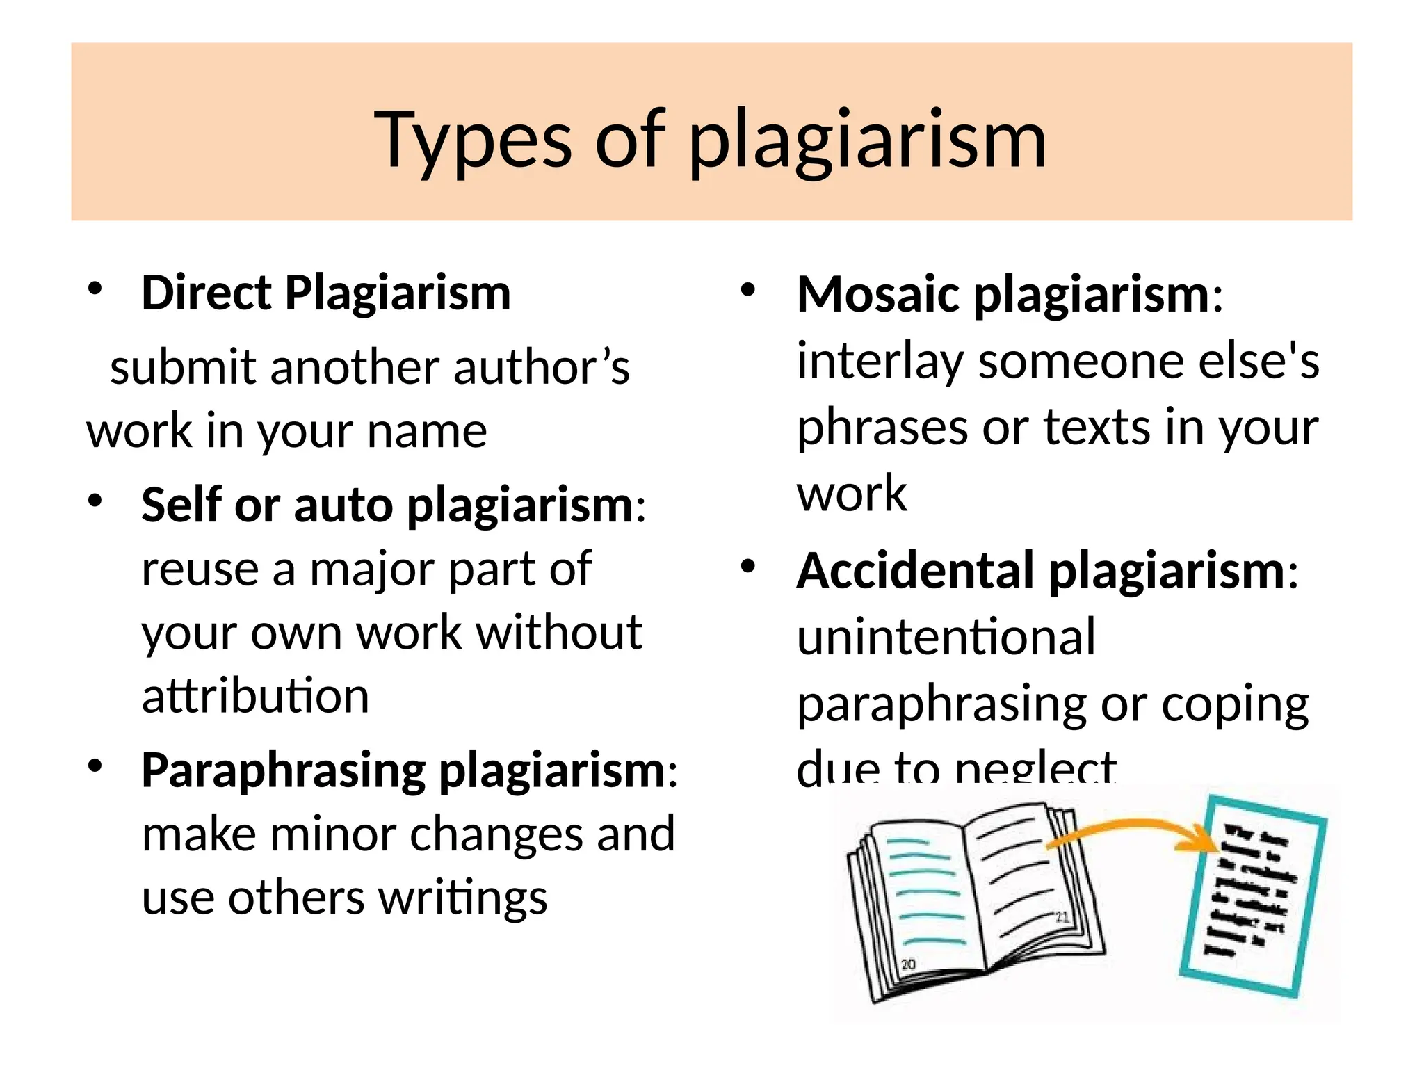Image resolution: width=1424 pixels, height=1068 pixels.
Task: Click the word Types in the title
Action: (x=473, y=141)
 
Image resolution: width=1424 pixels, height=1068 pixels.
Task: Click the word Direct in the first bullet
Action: (x=206, y=293)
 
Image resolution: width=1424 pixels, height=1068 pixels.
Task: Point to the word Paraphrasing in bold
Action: (x=283, y=771)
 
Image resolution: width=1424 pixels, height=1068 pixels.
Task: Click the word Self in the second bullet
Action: (x=181, y=505)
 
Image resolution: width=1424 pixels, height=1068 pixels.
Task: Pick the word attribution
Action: (x=255, y=696)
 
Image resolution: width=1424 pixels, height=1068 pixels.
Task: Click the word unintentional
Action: (x=946, y=637)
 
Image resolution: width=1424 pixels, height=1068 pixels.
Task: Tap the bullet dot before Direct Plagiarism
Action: (x=95, y=289)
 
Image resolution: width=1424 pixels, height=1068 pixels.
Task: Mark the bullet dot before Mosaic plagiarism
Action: (x=747, y=290)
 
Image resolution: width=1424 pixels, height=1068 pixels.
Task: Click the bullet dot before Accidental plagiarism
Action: (x=747, y=567)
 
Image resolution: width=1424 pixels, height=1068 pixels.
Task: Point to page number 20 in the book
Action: (x=908, y=964)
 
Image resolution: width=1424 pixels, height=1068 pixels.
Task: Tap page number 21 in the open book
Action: (x=1062, y=917)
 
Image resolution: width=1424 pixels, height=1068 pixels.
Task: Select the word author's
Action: (x=541, y=368)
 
